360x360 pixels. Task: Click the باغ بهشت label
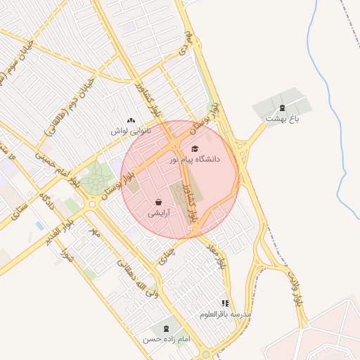click(282, 119)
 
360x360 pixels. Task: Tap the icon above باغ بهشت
click(282, 108)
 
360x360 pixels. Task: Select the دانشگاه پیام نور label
click(195, 160)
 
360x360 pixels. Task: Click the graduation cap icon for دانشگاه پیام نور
click(195, 148)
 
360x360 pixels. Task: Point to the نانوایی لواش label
click(131, 131)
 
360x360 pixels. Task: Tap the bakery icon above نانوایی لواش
click(131, 120)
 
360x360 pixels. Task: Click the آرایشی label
click(158, 212)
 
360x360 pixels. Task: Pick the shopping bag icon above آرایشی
click(158, 202)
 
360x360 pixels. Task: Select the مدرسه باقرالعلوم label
click(225, 314)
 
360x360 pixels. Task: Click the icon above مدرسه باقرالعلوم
click(225, 303)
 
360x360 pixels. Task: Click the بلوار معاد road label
click(216, 257)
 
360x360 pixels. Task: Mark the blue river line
click(336, 141)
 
